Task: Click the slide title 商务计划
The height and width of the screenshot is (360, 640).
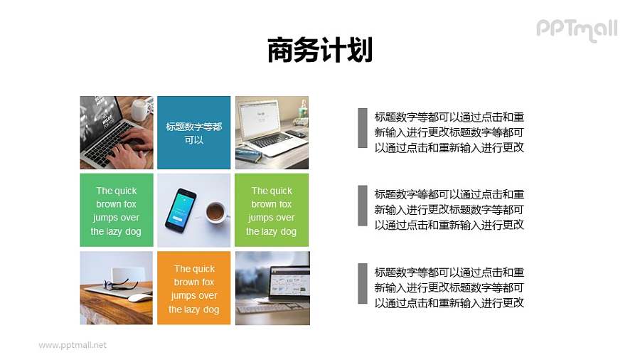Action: coord(320,51)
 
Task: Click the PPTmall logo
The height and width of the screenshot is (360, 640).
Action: coord(577,29)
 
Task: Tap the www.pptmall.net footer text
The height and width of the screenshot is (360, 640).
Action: coord(73,345)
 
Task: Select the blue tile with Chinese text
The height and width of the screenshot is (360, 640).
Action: coord(193,132)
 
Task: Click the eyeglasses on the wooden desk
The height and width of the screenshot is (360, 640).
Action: coord(122,285)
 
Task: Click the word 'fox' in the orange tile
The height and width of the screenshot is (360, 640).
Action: coord(206,282)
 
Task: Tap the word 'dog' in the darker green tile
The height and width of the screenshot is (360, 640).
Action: coord(132,231)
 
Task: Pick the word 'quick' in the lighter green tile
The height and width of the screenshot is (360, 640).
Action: coord(281,191)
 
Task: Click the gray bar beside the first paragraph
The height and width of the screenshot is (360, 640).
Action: coord(362,128)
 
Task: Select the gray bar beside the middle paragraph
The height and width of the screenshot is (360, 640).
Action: coord(362,206)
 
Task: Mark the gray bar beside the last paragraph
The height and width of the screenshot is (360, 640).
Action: coord(362,283)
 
